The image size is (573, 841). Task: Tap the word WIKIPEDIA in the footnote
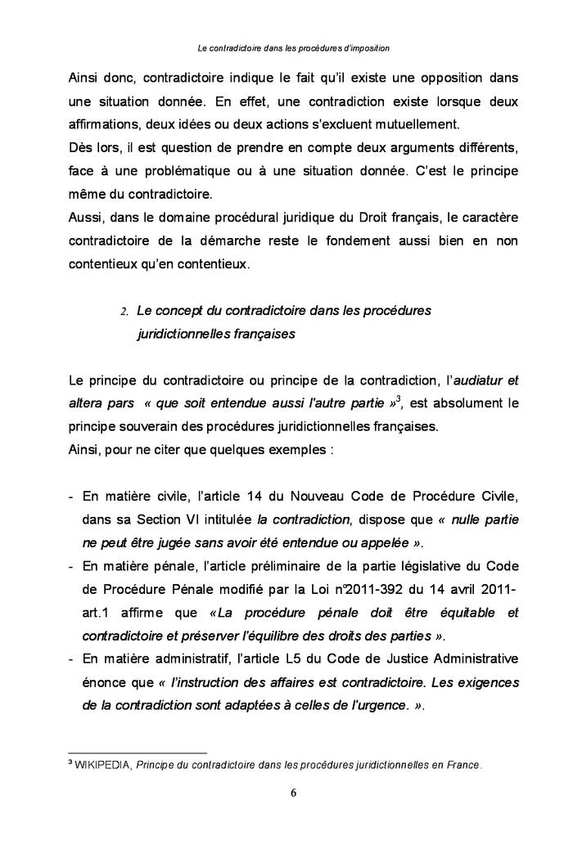(104, 767)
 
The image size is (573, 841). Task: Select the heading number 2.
(124, 312)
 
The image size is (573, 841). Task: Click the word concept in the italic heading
(182, 311)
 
